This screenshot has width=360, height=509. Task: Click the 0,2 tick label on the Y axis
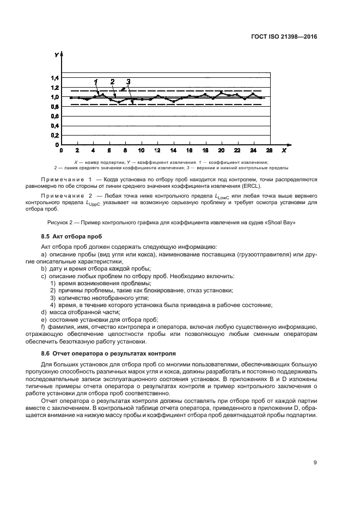[56, 135]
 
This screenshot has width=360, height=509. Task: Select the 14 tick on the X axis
[173, 150]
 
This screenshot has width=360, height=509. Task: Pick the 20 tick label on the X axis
[221, 150]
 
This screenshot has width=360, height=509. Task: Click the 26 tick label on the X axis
[269, 150]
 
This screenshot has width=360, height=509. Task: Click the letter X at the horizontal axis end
[284, 150]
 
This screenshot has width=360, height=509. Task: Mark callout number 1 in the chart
[96, 82]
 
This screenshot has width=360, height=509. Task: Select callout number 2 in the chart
[112, 82]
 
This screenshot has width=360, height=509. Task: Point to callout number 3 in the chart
[128, 82]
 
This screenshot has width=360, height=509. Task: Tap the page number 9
[315, 447]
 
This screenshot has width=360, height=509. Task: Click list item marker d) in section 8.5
[44, 312]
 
